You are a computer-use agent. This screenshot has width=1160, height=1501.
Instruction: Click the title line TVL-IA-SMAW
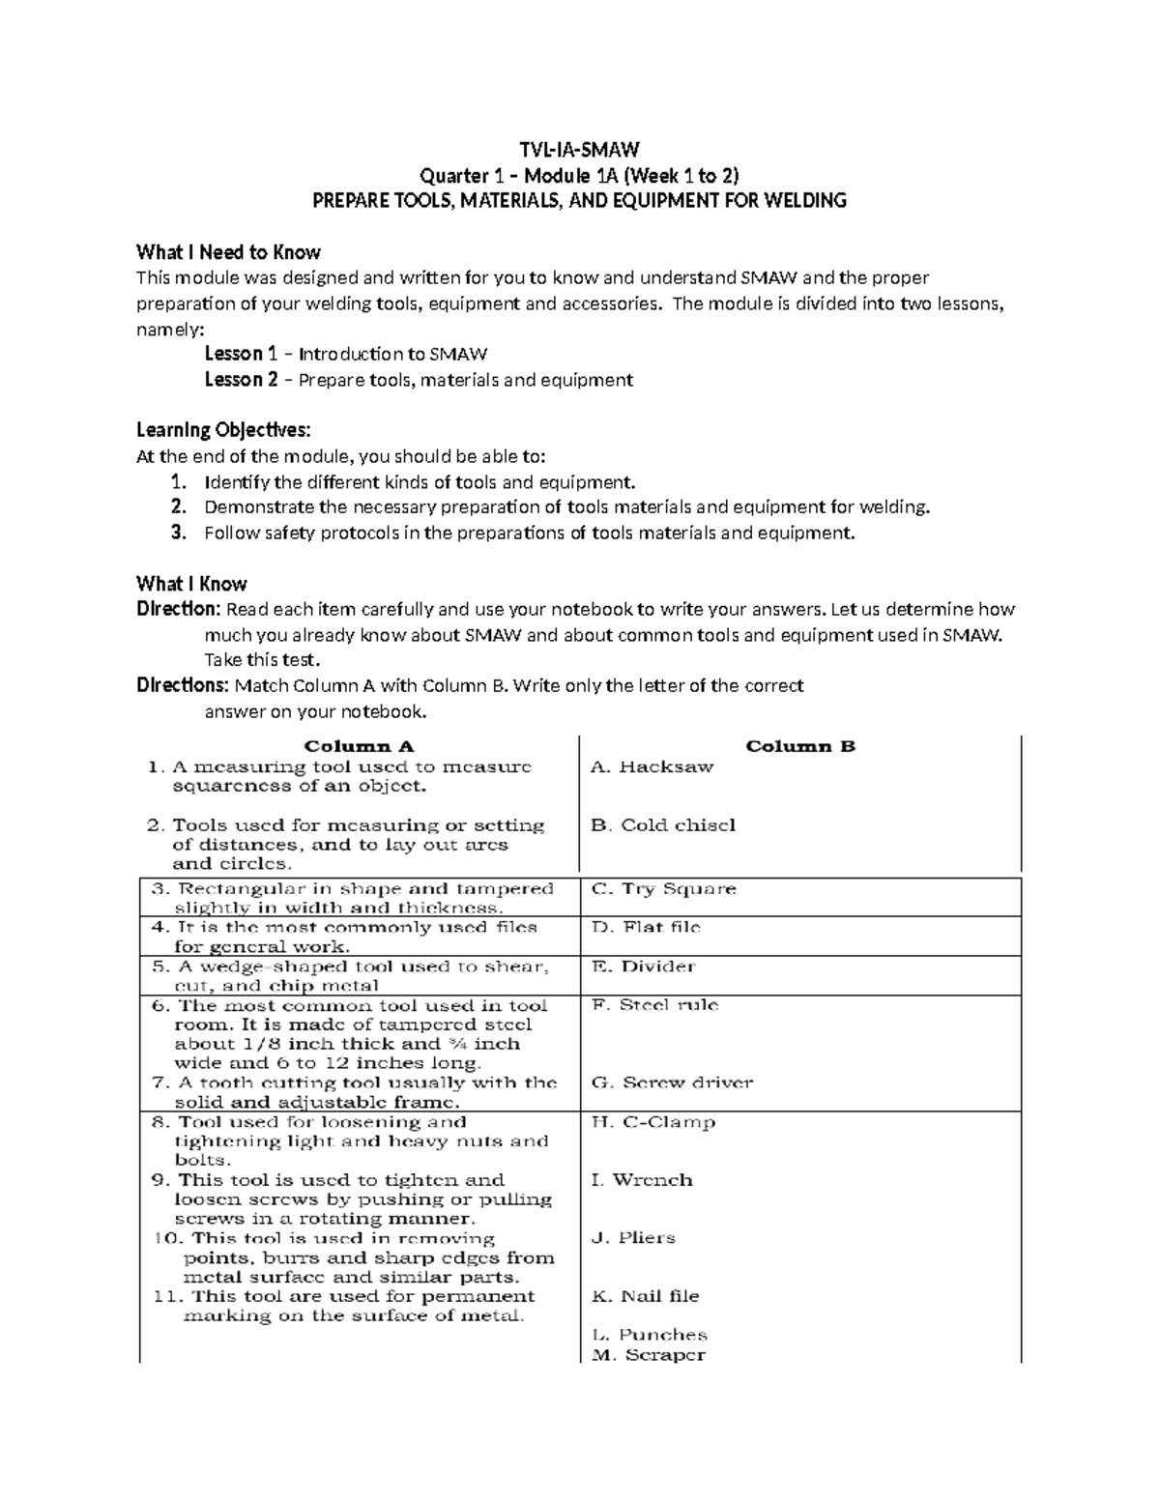click(578, 150)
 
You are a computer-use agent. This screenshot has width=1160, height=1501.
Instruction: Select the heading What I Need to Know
click(228, 253)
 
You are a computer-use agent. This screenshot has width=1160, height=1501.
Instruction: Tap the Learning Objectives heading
click(223, 430)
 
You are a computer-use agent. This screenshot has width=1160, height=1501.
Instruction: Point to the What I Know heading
click(191, 584)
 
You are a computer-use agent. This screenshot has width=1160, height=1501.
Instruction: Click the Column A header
click(359, 746)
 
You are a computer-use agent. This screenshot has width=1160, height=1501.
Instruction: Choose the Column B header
click(800, 746)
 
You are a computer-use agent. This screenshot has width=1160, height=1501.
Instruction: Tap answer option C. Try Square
click(664, 889)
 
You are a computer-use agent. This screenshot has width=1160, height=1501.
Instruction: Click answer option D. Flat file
click(647, 928)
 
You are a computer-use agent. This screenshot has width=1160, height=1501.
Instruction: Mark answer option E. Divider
click(644, 967)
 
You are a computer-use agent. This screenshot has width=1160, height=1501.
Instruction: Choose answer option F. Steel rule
click(655, 1005)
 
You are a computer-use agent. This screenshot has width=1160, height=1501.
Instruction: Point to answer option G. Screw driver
click(672, 1083)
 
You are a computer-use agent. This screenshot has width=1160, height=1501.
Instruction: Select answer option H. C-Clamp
click(653, 1122)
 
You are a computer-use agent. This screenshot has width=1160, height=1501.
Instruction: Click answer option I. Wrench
click(642, 1180)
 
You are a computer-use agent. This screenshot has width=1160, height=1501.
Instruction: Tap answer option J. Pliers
click(633, 1238)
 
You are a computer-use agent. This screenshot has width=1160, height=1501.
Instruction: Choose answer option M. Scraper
click(649, 1355)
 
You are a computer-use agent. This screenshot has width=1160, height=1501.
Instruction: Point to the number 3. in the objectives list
click(177, 533)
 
